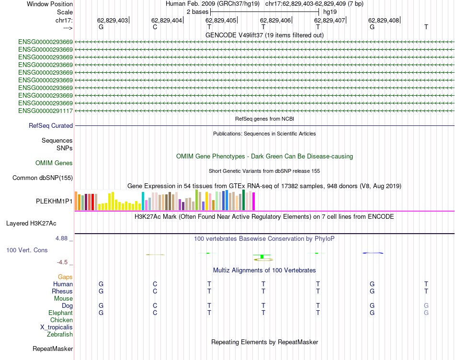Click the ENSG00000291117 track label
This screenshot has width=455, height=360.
coord(45,111)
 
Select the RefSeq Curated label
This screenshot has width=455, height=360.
coord(51,126)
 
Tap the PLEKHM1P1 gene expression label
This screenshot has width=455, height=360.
coord(54,202)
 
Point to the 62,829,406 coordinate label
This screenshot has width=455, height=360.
coord(275,21)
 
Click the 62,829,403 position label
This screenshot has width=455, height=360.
coord(113,21)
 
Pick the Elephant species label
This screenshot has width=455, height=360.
coord(61,313)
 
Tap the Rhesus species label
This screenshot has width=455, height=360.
coord(62,291)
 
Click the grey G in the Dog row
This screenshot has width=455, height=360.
coord(426,305)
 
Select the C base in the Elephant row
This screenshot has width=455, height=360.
coord(155,313)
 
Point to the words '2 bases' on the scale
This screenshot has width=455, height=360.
coord(197,11)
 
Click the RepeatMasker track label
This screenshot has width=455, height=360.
coord(53,349)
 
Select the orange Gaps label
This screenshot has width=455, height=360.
coord(65,277)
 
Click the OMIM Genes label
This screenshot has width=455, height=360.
coord(54,163)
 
